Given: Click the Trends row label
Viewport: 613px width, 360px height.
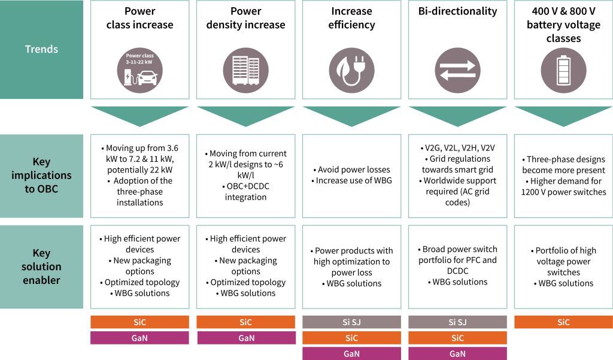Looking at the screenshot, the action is (41, 49).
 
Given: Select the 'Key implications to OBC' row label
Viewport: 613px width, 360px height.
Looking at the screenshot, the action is (41, 176).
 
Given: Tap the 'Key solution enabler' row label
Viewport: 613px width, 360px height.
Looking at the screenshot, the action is (41, 267).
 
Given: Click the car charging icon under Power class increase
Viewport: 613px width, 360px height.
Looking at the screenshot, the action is (140, 71).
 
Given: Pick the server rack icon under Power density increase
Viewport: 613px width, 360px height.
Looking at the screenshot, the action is (246, 71).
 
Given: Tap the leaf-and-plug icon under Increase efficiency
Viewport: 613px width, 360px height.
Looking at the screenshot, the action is (352, 71).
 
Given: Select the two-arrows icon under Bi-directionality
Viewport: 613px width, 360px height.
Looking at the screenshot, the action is (458, 71).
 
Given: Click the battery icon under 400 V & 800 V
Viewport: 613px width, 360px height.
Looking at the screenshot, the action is (564, 71).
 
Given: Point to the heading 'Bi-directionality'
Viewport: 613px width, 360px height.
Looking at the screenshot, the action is (458, 11).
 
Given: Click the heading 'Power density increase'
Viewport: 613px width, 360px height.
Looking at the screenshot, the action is (246, 18).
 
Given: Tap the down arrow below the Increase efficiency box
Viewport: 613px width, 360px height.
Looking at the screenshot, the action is (352, 117).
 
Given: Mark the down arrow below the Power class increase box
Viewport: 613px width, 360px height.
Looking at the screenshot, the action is (140, 117).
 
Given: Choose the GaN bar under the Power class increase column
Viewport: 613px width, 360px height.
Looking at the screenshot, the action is (140, 338).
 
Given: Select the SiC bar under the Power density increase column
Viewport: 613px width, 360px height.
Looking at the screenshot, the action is (246, 322).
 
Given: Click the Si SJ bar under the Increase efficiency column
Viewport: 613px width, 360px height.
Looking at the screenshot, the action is (352, 322).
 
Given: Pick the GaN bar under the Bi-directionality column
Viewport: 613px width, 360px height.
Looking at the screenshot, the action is (458, 354).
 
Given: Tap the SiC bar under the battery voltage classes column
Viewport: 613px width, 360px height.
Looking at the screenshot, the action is (564, 322).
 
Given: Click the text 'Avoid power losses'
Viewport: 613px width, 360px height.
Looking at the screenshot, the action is (354, 170).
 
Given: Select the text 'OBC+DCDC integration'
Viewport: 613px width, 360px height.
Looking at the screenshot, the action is (246, 192).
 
